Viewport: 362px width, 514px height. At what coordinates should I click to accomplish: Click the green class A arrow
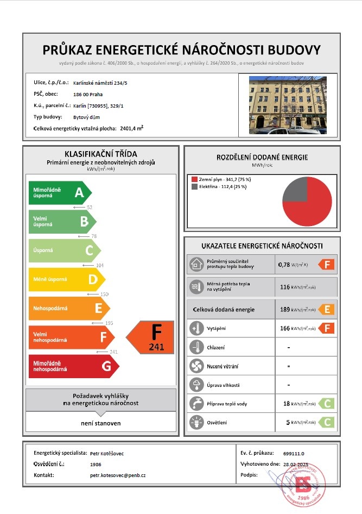[x=60, y=192]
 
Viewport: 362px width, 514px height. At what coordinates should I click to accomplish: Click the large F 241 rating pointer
[x=150, y=337]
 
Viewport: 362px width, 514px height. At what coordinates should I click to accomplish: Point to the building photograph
[x=288, y=105]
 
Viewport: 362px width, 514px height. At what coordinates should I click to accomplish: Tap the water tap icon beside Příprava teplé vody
[x=195, y=404]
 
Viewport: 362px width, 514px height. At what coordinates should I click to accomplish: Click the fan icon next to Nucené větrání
[x=195, y=366]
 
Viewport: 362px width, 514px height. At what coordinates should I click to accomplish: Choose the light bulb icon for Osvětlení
[x=195, y=423]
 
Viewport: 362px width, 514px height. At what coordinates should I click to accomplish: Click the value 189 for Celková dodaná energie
[x=284, y=310]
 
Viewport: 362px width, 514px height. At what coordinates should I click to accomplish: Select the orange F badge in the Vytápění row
[x=326, y=328]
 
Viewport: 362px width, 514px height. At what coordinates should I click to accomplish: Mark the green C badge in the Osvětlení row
[x=326, y=422]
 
